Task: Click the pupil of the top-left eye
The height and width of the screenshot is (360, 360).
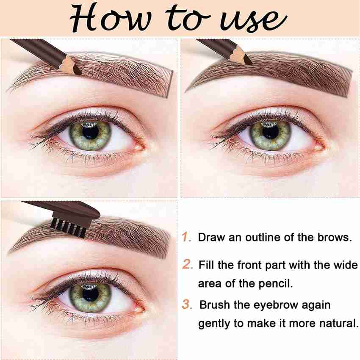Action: click(x=91, y=133)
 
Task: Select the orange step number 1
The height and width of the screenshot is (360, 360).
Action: click(x=186, y=237)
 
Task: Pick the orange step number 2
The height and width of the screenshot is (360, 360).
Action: click(x=187, y=264)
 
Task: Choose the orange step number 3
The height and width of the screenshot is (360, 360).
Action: click(x=187, y=305)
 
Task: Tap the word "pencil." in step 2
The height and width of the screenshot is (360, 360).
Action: click(x=276, y=284)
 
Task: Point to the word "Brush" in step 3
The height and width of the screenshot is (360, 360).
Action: click(x=215, y=305)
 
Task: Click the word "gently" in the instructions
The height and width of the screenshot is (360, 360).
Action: click(x=214, y=324)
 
